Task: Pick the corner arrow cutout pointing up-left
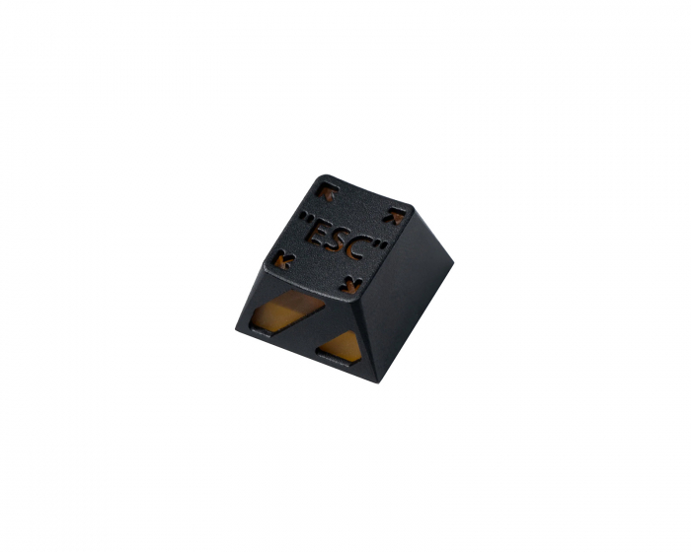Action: tap(328, 191)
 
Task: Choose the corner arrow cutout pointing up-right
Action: tap(394, 216)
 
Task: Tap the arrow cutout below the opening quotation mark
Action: tap(284, 259)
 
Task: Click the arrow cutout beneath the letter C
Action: tap(350, 285)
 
